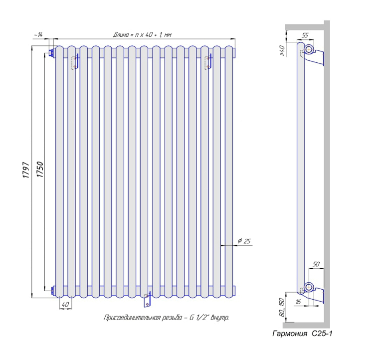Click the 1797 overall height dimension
pos(26,170)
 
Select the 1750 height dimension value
pos(39,170)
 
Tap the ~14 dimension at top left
pos(38,35)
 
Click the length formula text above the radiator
pos(142,34)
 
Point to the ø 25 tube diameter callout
pos(244,241)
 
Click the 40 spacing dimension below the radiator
pos(65,304)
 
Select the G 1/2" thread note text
pos(166,317)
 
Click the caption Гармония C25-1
pos(302,334)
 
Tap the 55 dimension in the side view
pos(305,35)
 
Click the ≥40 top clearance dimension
pos(282,51)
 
